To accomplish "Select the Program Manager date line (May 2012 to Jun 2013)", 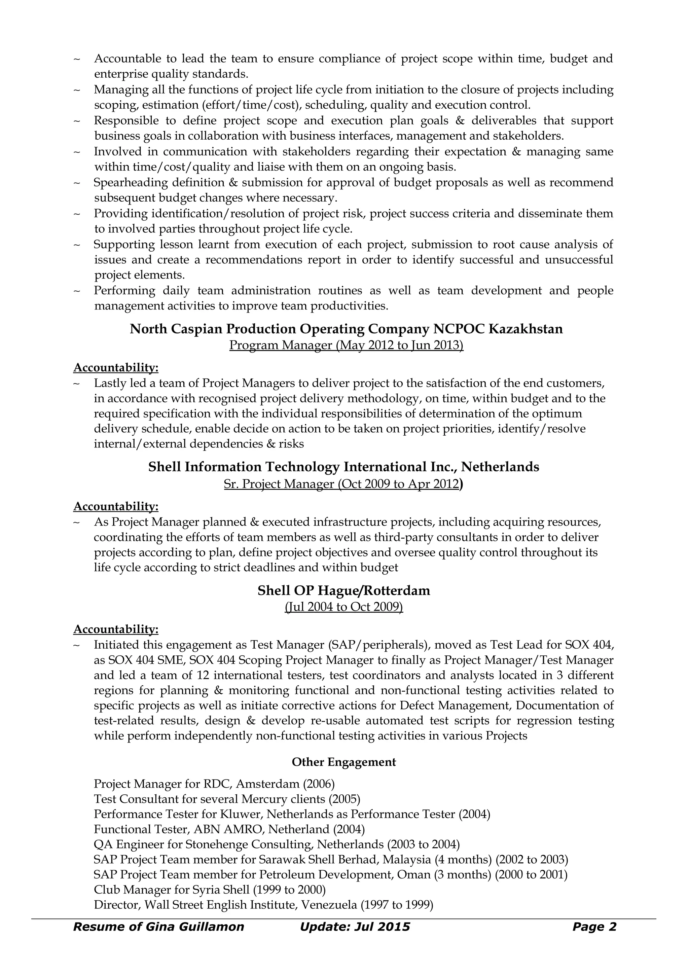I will pos(346,345).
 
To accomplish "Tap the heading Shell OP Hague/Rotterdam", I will pos(344,591).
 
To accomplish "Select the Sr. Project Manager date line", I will pos(343,484).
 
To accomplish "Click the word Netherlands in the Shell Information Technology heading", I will pos(500,467).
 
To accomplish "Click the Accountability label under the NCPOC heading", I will pos(116,367).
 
